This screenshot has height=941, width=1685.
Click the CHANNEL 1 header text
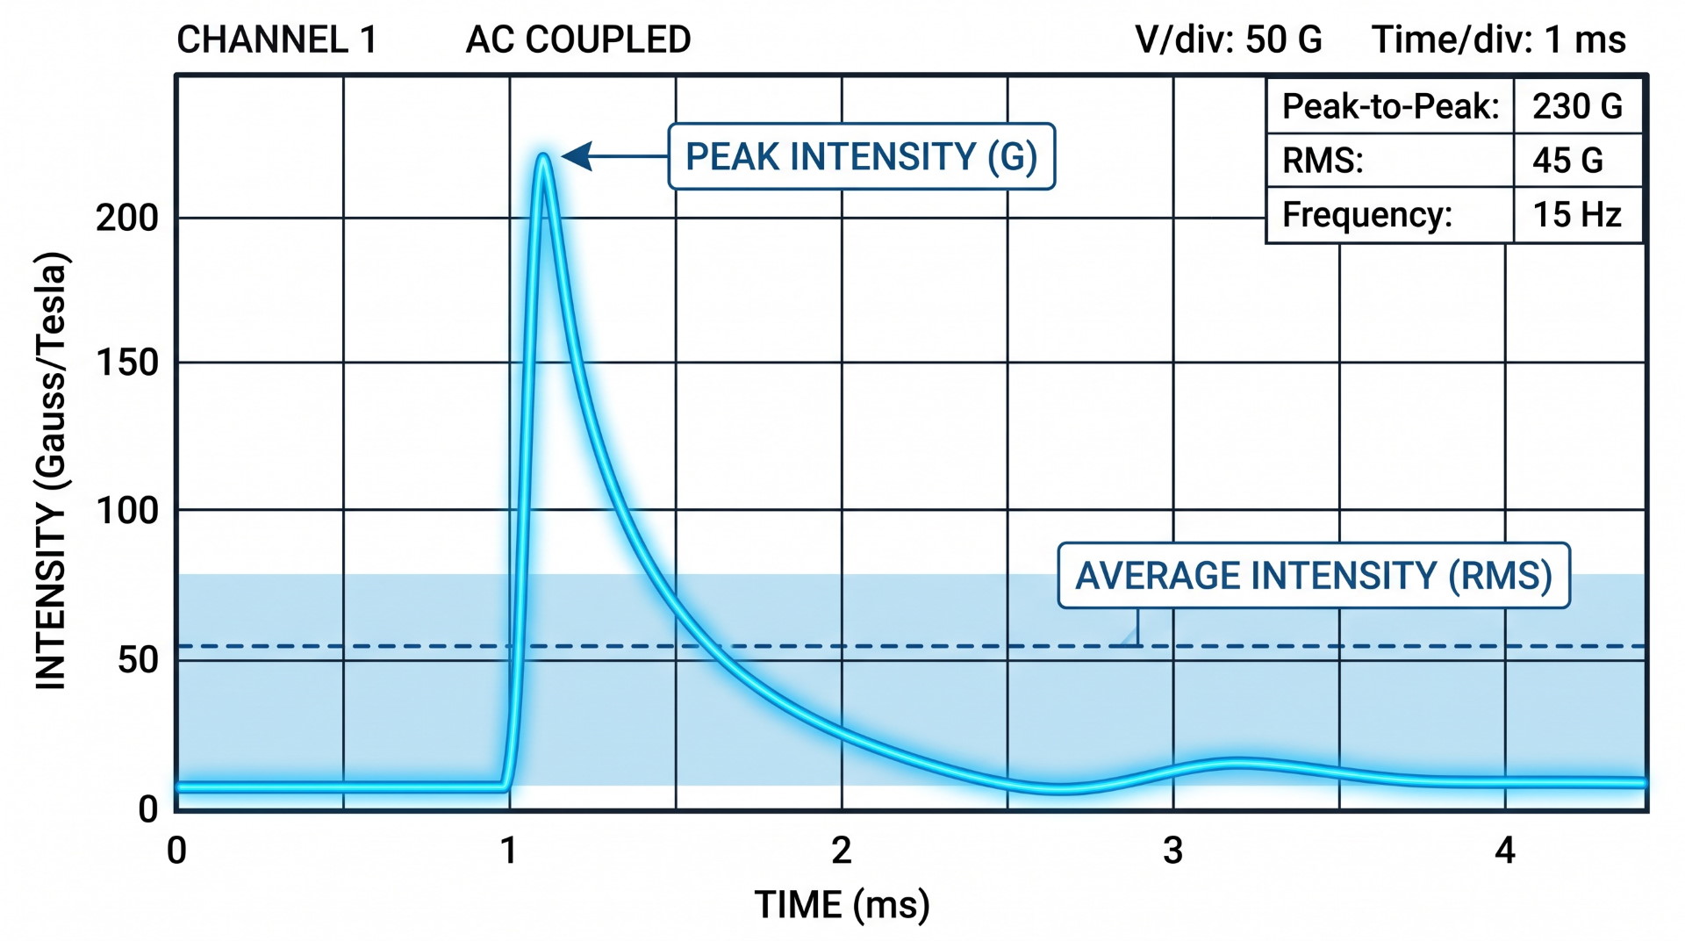pyautogui.click(x=276, y=40)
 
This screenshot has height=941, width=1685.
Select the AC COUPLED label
pyautogui.click(x=578, y=40)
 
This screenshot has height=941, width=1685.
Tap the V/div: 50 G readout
pyautogui.click(x=1228, y=40)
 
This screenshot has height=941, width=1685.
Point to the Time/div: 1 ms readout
pyautogui.click(x=1498, y=40)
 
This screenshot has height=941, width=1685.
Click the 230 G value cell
pyautogui.click(x=1577, y=106)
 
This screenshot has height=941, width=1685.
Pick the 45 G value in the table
pyautogui.click(x=1567, y=161)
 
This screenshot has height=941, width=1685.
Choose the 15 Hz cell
pyautogui.click(x=1576, y=215)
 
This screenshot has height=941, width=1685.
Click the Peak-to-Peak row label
pyautogui.click(x=1390, y=106)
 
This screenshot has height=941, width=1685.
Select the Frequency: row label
pyautogui.click(x=1366, y=215)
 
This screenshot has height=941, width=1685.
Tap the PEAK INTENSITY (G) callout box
pyautogui.click(x=861, y=156)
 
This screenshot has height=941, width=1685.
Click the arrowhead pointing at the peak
pyautogui.click(x=577, y=156)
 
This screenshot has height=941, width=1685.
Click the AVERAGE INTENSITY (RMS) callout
pyautogui.click(x=1313, y=576)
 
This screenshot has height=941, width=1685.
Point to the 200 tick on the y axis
pyautogui.click(x=126, y=218)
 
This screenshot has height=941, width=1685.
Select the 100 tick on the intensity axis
pyautogui.click(x=126, y=511)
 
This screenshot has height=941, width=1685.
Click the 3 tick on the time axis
pyautogui.click(x=1172, y=851)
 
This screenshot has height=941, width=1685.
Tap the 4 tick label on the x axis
pyautogui.click(x=1504, y=851)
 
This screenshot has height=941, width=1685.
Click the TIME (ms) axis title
pyautogui.click(x=842, y=904)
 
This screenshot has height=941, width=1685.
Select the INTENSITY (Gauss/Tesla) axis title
pyautogui.click(x=51, y=470)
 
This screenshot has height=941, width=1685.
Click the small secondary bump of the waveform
pyautogui.click(x=1237, y=763)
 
